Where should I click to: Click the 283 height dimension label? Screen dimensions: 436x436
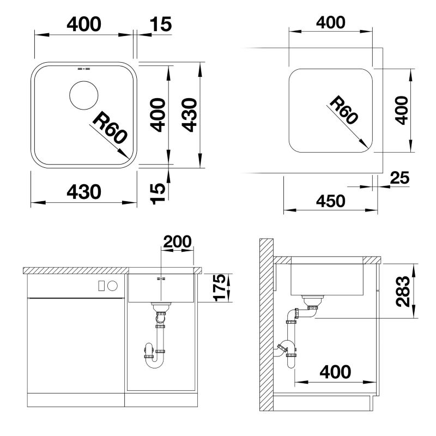[x=403, y=291]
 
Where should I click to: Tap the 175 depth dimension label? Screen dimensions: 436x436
[x=220, y=288]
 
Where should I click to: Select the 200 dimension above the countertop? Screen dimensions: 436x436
[x=177, y=241]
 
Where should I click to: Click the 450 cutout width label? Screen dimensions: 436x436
[x=331, y=201]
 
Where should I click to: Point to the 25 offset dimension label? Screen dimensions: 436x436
[x=399, y=178]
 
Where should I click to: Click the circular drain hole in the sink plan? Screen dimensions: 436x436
[x=84, y=95]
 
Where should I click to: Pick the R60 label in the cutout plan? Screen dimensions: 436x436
[x=344, y=110]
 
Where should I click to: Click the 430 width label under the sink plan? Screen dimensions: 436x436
[x=84, y=192]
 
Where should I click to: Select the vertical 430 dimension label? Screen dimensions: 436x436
[x=189, y=114]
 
